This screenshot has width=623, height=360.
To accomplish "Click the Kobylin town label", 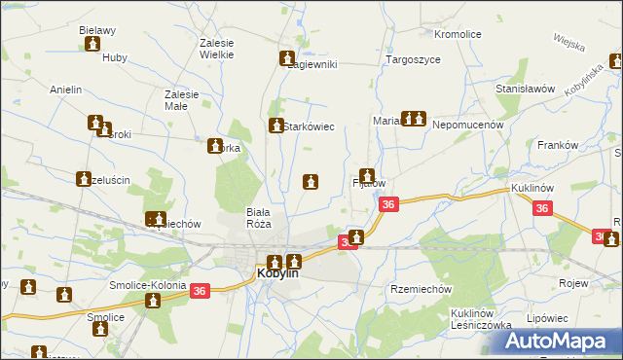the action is tap(277, 274).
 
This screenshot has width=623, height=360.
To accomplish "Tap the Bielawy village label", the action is tap(98, 30).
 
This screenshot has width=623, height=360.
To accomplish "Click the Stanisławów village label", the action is tap(525, 88).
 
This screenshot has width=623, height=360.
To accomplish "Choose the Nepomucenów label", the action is tap(466, 125).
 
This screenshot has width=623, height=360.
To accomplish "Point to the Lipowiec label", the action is tap(545, 318).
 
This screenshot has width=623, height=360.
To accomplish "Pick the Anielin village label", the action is tap(65, 90).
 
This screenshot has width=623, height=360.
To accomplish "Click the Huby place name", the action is tap(115, 57).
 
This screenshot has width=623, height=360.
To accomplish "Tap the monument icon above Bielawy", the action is tap(93, 45).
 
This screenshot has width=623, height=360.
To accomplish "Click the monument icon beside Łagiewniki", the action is tap(287, 58).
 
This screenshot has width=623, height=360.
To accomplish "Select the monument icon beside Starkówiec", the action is tap(275, 126).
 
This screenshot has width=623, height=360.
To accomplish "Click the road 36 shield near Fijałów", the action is tap(388, 204).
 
